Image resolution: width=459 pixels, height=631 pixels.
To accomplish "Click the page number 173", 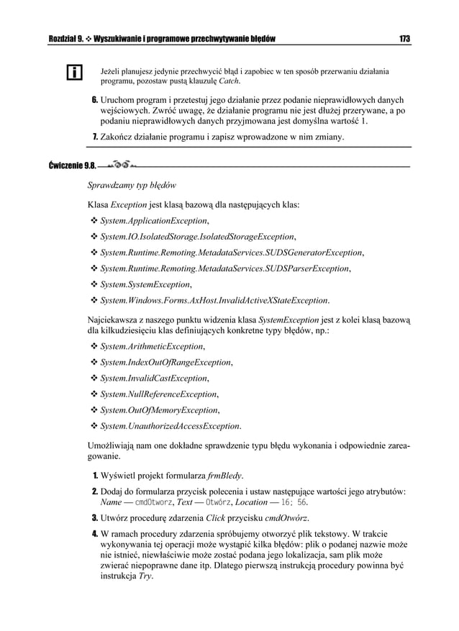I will tap(403, 37).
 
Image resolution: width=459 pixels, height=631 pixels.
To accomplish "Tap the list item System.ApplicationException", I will tap(154, 220).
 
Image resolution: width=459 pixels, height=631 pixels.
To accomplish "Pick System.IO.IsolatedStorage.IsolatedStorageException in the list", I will tap(197, 236).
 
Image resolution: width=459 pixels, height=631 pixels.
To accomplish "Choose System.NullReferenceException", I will tap(158, 394).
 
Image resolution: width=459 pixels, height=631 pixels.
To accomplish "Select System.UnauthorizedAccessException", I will tap(170, 426).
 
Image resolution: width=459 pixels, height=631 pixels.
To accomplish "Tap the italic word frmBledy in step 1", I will tap(224, 476).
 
